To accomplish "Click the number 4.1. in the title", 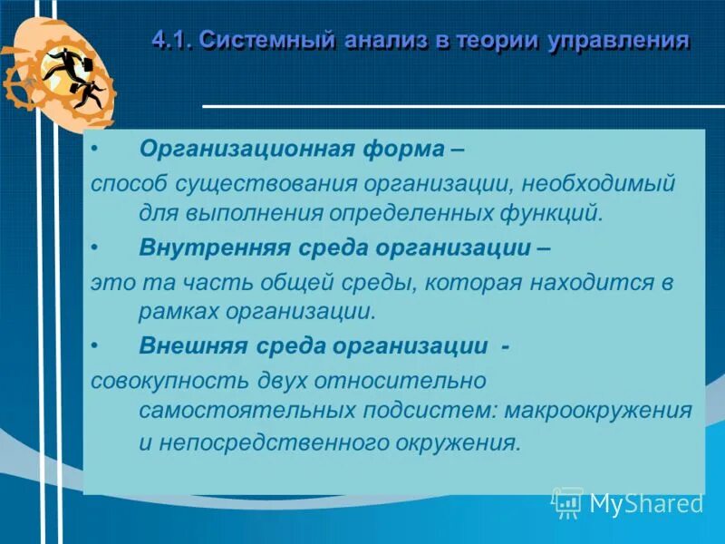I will [x=172, y=41].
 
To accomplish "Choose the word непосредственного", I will [x=286, y=443].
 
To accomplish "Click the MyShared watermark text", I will [x=646, y=503].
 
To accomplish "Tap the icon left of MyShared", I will [x=567, y=502].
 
